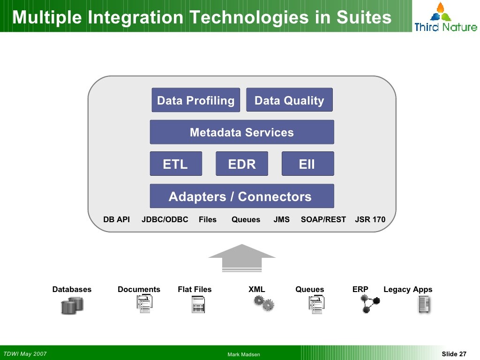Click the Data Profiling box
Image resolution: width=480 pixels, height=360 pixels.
coord(195,100)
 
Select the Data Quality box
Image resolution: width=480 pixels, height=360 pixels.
coord(289,100)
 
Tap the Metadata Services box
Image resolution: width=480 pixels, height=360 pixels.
coord(242,132)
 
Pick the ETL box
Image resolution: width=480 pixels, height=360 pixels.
coord(176,164)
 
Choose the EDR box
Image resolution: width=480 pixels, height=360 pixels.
coord(242,164)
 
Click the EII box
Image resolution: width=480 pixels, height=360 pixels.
coord(307,164)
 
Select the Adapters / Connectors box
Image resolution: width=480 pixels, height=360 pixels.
coord(242,196)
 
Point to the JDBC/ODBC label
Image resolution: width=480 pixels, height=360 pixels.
coord(165,219)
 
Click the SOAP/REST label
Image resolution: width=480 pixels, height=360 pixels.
coord(323,219)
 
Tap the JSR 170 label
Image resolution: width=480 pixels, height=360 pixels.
coord(370,219)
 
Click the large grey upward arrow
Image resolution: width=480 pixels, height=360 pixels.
coord(242,258)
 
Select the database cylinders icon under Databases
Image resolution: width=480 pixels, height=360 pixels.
coord(72,306)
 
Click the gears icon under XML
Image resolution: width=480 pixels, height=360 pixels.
coord(264,303)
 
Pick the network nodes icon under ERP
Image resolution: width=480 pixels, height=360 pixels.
coord(369,304)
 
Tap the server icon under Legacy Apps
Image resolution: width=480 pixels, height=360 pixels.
coord(424,305)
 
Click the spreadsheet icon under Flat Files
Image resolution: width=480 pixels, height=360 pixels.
coord(198,305)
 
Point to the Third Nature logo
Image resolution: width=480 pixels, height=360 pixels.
coord(445,17)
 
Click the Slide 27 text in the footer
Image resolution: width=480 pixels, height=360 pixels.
coord(454,354)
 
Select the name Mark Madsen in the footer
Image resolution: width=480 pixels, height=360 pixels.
coord(244,354)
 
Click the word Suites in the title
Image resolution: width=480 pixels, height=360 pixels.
coord(364,17)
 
